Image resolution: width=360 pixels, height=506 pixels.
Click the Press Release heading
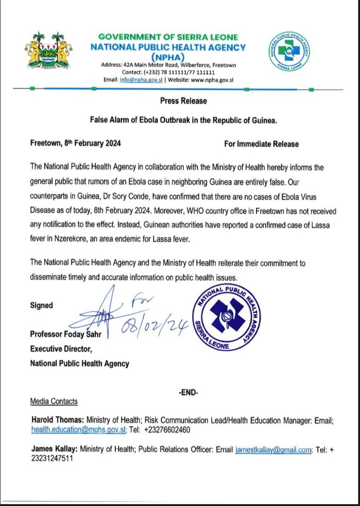pyautogui.click(x=183, y=101)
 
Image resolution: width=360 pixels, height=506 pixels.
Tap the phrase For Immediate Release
pyautogui.click(x=261, y=144)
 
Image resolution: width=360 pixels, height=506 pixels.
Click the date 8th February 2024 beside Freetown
pyautogui.click(x=92, y=144)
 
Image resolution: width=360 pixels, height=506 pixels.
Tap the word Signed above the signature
pyautogui.click(x=41, y=305)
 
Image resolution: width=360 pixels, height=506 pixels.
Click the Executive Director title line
pyautogui.click(x=61, y=349)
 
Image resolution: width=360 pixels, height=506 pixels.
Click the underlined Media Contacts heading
pyautogui.click(x=54, y=402)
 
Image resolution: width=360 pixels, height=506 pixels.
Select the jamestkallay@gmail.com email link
pyautogui.click(x=273, y=450)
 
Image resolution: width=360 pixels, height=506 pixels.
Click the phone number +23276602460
pyautogui.click(x=167, y=430)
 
